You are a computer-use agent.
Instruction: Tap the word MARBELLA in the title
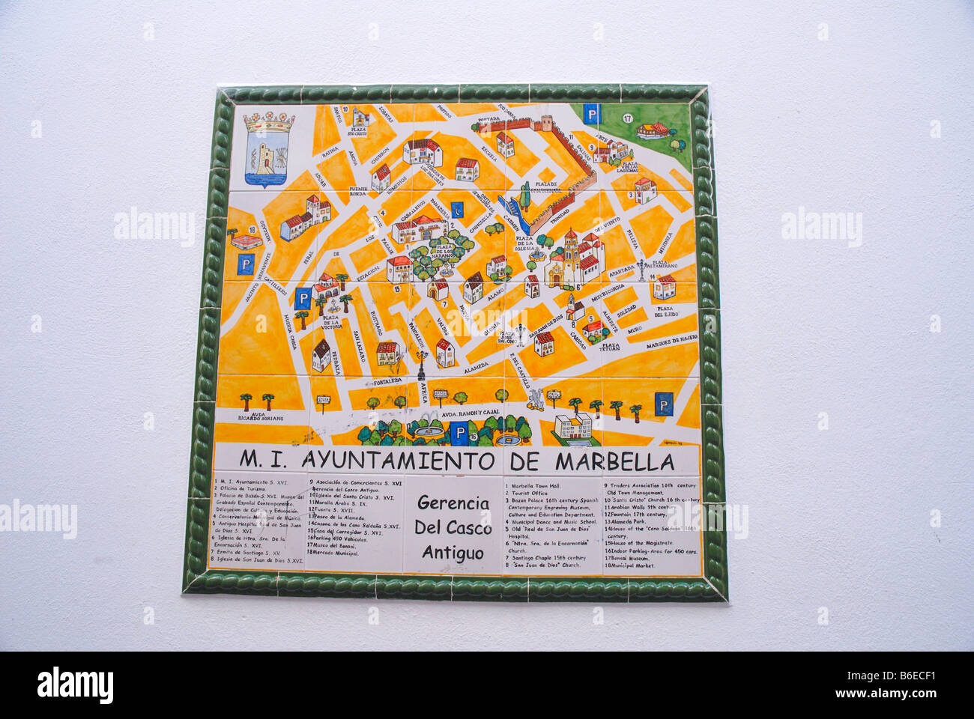click(614, 460)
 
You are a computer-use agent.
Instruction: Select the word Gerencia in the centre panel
click(453, 503)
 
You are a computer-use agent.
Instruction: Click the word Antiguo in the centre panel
click(453, 552)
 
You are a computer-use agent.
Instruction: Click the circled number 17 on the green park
click(627, 118)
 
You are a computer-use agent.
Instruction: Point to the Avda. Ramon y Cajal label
click(471, 413)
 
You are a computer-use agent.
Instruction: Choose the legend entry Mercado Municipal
click(336, 553)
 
